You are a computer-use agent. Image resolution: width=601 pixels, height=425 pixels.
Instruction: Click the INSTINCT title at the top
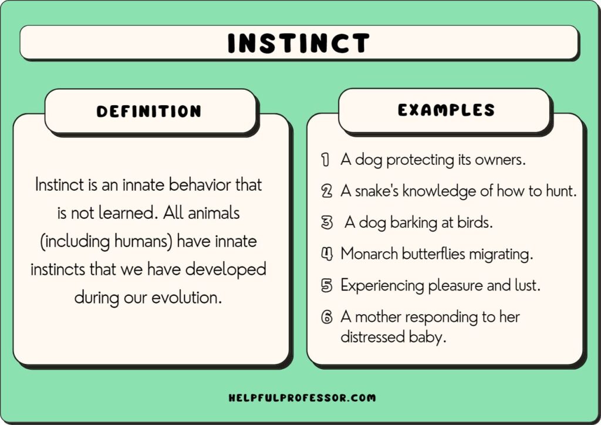click(x=299, y=43)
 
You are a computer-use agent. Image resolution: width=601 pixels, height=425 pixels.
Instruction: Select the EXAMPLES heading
click(x=446, y=110)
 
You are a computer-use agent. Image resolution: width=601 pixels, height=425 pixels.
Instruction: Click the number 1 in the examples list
click(x=325, y=159)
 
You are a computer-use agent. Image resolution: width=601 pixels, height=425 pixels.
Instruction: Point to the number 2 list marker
click(x=326, y=191)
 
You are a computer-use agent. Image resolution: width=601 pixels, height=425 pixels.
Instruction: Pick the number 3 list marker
click(x=326, y=222)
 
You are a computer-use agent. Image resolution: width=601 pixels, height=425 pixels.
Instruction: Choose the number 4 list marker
click(x=326, y=254)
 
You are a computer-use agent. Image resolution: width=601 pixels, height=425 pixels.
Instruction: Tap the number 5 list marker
click(x=326, y=286)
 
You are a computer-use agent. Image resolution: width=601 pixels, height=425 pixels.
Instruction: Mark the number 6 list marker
click(x=326, y=318)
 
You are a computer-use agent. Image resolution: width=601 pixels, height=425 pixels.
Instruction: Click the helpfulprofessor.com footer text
click(x=302, y=398)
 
